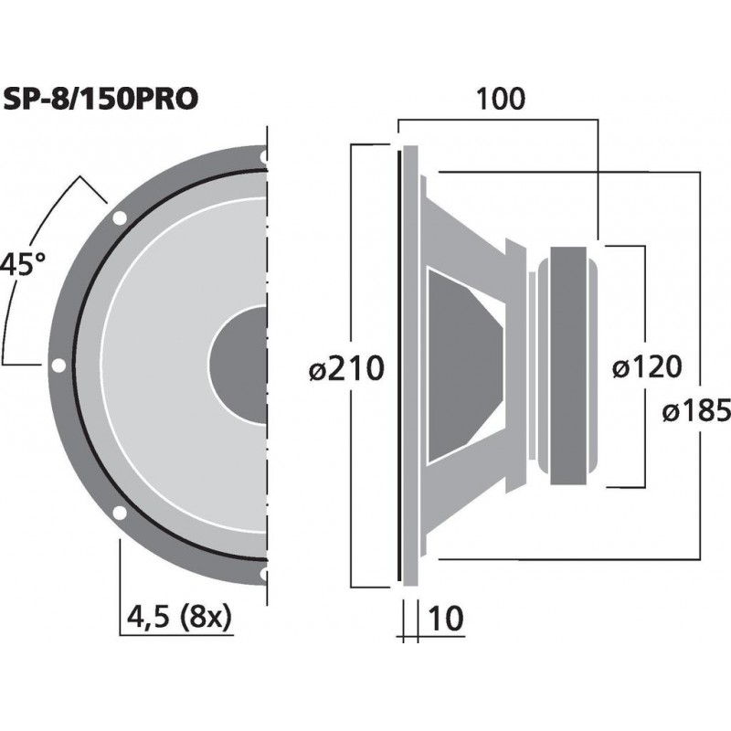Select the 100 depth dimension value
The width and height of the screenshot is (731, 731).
tap(500, 99)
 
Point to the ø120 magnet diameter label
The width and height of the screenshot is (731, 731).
tap(646, 367)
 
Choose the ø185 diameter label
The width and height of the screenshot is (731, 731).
tap(696, 411)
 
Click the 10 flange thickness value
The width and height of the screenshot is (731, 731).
tap(446, 619)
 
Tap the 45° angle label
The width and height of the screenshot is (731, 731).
tap(23, 266)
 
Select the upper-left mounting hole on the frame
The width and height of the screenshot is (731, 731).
tap(119, 218)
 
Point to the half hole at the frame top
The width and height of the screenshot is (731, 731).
tap(264, 158)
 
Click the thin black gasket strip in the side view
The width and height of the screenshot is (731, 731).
tap(399, 365)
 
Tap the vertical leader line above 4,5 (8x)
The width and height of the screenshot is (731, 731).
tap(120, 585)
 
